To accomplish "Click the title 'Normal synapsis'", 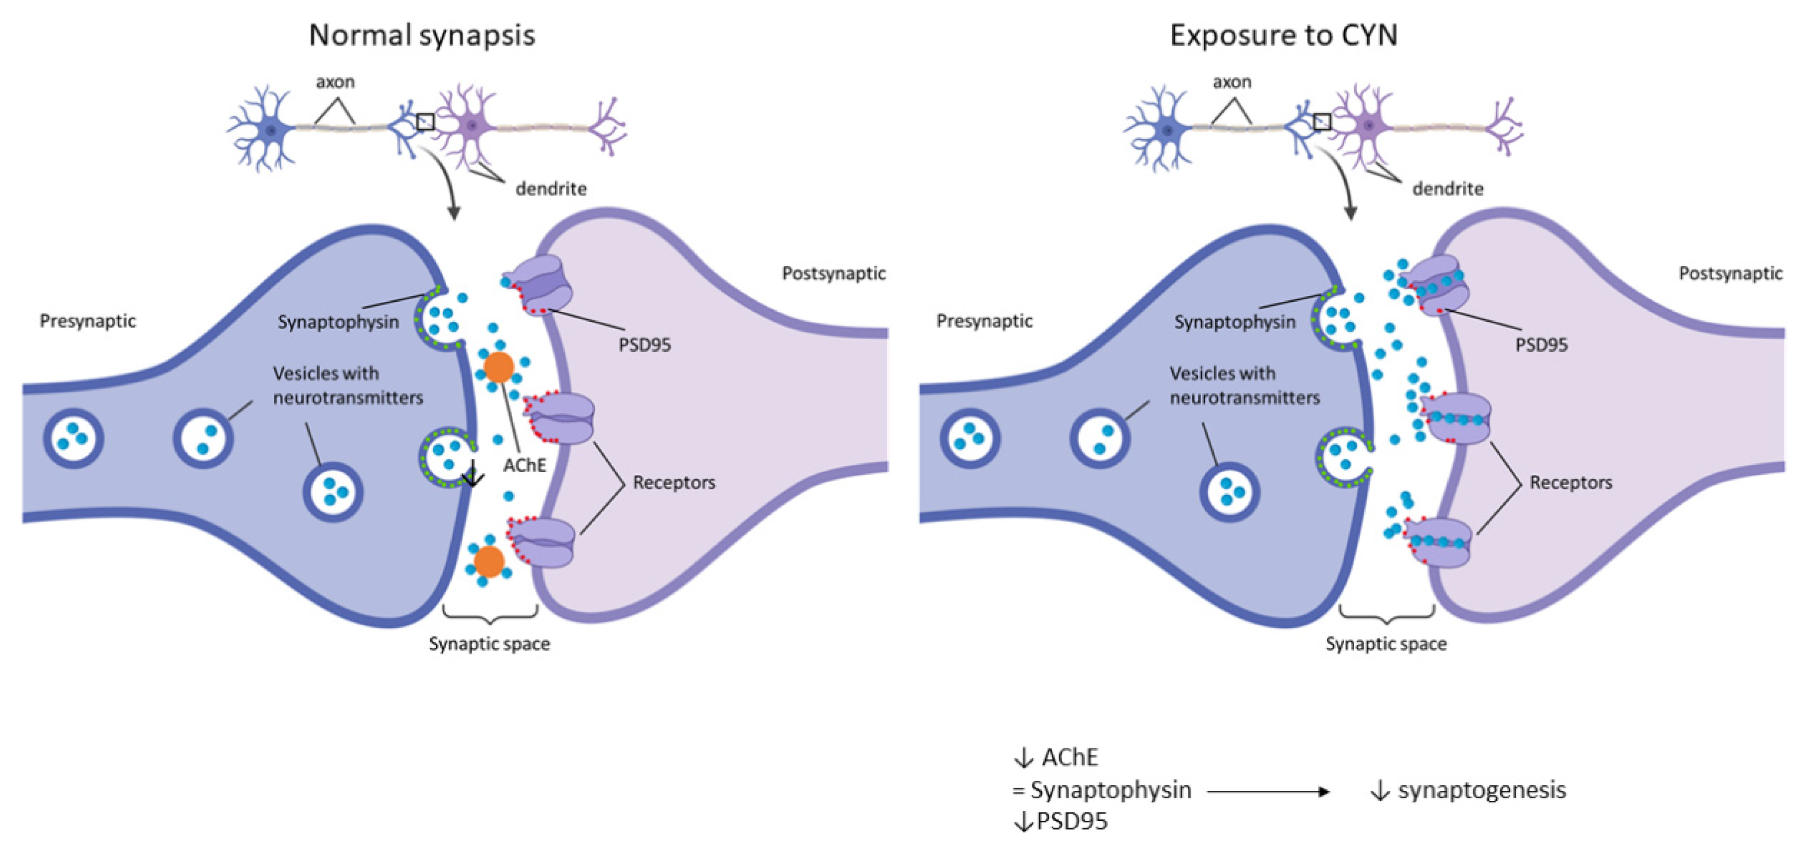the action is pyautogui.click(x=422, y=35).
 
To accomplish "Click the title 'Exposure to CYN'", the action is pyautogui.click(x=1283, y=35).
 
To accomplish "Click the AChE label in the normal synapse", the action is pyautogui.click(x=525, y=465).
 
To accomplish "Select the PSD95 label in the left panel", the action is pyautogui.click(x=644, y=344).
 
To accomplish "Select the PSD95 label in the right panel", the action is pyautogui.click(x=1541, y=344).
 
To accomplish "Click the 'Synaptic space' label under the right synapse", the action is pyautogui.click(x=1386, y=644).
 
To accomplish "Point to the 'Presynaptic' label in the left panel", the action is pyautogui.click(x=88, y=321).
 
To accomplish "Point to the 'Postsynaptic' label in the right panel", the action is pyautogui.click(x=1730, y=273).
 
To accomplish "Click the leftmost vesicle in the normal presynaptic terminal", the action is pyautogui.click(x=74, y=438).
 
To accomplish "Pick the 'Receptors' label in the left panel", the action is pyautogui.click(x=674, y=482).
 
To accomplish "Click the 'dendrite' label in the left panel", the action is pyautogui.click(x=551, y=189).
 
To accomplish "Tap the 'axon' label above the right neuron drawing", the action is pyautogui.click(x=1232, y=82).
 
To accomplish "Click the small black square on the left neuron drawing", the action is pyautogui.click(x=425, y=122).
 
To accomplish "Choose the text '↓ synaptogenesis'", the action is pyautogui.click(x=1468, y=790).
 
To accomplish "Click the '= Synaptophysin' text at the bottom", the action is pyautogui.click(x=1101, y=790).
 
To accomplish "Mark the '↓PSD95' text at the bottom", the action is pyautogui.click(x=1061, y=821).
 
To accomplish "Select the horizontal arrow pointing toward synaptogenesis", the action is pyautogui.click(x=1267, y=792).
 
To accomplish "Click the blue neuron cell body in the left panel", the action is pyautogui.click(x=271, y=129).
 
